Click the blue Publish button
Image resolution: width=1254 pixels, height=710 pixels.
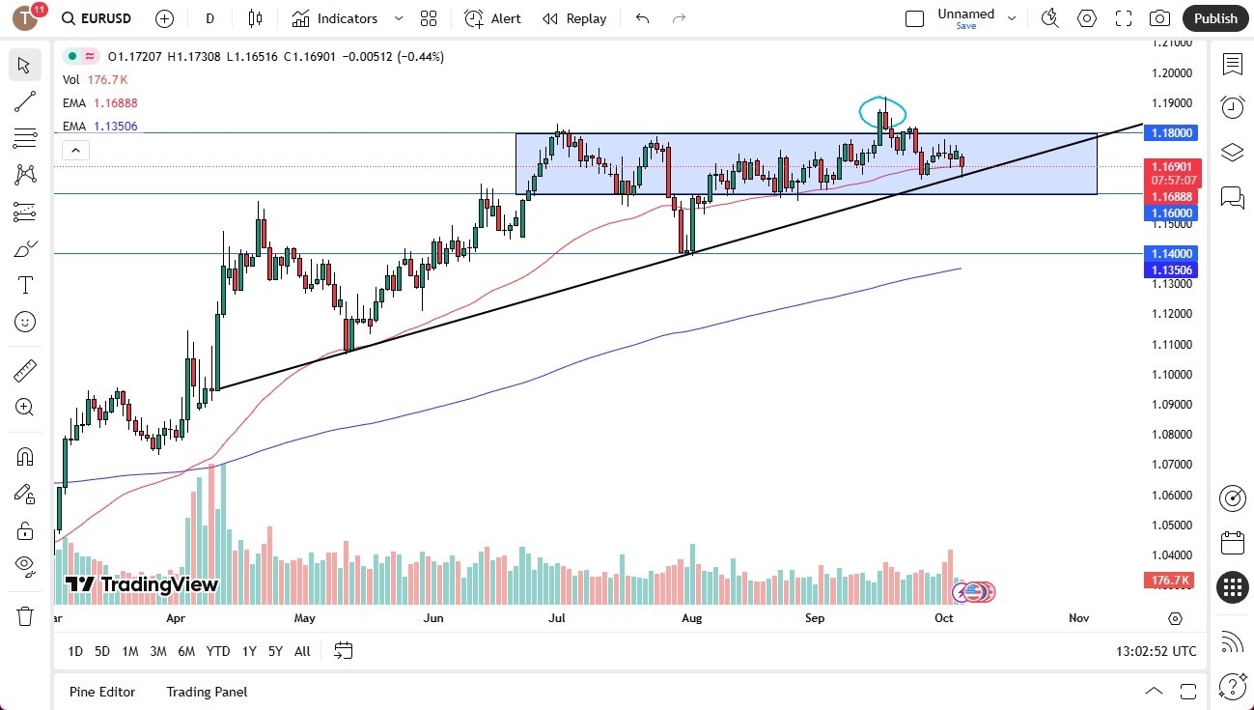tap(1215, 18)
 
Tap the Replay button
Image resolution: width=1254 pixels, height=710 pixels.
tap(574, 18)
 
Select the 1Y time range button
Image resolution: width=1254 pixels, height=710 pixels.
tap(249, 651)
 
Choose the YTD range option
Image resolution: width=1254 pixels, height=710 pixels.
tap(218, 651)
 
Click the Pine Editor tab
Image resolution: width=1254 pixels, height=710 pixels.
tap(102, 692)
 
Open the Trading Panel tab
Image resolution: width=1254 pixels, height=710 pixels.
tap(207, 692)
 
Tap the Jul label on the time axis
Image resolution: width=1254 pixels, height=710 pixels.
tap(556, 618)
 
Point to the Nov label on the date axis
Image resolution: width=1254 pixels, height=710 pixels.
tap(1078, 618)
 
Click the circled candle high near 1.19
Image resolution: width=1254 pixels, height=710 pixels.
tap(883, 111)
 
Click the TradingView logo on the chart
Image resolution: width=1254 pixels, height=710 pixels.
tap(142, 584)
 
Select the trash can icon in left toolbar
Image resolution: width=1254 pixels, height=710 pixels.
tap(25, 615)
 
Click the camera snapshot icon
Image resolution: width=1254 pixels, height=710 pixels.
tap(1159, 18)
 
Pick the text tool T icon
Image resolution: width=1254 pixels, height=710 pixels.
tap(25, 285)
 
